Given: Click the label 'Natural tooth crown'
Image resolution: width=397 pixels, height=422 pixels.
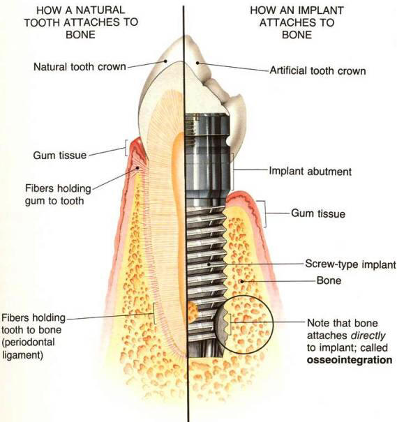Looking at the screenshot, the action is coord(80,67).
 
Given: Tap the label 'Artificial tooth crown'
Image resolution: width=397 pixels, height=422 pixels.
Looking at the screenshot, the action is coord(317,70).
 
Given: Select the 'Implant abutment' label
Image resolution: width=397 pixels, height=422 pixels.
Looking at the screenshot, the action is coord(310,172).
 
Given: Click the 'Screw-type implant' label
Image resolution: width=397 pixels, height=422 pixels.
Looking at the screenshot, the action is coord(350,264).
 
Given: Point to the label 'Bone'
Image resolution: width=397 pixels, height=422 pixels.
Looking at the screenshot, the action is coord(329,280).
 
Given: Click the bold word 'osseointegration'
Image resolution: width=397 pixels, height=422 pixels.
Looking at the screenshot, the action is coord(350,360).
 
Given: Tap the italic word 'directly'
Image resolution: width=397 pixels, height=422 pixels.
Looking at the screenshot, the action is coord(368,336).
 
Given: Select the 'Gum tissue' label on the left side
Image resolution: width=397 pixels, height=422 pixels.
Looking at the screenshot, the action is coord(60,156).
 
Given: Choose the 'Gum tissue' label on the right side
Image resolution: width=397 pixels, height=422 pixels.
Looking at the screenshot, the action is coord(318,213).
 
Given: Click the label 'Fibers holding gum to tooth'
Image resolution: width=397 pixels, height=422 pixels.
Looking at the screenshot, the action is coord(58,195).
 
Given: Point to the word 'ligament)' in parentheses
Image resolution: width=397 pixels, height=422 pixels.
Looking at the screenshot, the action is coord(22,355).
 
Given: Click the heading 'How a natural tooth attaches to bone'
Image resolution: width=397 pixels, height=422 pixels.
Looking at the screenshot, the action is coord(81,22).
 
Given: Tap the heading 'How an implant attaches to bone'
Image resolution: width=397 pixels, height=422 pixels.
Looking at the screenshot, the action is coord(297,22).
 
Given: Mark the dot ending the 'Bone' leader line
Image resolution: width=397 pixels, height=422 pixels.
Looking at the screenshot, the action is coord(242,282).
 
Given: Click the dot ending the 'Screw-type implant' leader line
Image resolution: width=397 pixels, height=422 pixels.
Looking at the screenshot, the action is coord(209,264).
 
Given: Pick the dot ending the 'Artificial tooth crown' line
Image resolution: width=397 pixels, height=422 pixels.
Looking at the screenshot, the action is coord(197,63).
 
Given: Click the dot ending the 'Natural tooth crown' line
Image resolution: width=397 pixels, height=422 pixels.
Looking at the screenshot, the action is coord(166,61).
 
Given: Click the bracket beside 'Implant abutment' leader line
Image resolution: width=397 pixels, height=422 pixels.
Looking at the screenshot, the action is coord(233,171).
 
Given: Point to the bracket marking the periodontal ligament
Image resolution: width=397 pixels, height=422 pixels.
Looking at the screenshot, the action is coord(154,313).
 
